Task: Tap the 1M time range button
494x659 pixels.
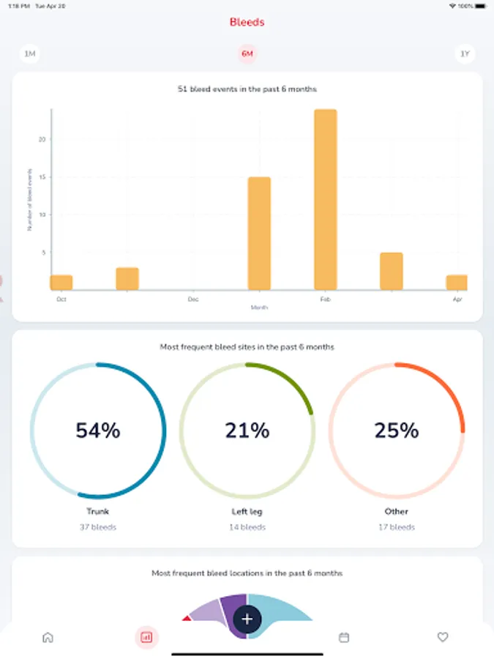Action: pyautogui.click(x=30, y=54)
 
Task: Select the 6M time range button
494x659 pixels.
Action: pyautogui.click(x=247, y=54)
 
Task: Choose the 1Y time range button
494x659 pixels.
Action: pyautogui.click(x=464, y=54)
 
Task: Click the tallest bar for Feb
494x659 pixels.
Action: pyautogui.click(x=325, y=199)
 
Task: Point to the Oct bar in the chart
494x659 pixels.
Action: pyautogui.click(x=61, y=283)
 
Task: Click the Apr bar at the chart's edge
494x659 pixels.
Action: pyautogui.click(x=457, y=283)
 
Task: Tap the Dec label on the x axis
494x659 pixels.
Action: pyautogui.click(x=193, y=299)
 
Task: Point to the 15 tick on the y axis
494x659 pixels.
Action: pyautogui.click(x=42, y=177)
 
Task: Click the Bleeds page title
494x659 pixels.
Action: pyautogui.click(x=247, y=22)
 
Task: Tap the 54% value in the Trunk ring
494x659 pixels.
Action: pyautogui.click(x=98, y=431)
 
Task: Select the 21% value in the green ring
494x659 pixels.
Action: pyautogui.click(x=247, y=431)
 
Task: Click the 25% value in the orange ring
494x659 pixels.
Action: pyautogui.click(x=397, y=431)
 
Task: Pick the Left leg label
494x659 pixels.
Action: pyautogui.click(x=247, y=511)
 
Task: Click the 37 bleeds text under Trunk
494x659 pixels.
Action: pyautogui.click(x=98, y=527)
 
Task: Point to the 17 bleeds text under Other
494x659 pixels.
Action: pyautogui.click(x=397, y=527)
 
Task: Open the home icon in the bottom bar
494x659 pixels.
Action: pyautogui.click(x=48, y=637)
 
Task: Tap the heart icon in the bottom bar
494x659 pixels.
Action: pyautogui.click(x=443, y=637)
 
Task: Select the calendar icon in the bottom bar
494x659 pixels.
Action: pyautogui.click(x=344, y=637)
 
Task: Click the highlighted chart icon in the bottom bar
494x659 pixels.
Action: pyautogui.click(x=146, y=637)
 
